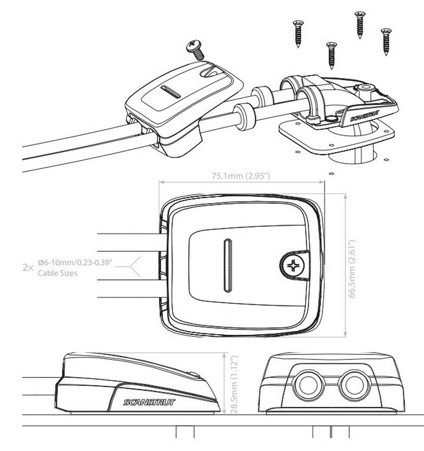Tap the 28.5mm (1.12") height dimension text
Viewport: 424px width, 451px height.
point(234,384)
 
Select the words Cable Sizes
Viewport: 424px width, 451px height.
point(57,273)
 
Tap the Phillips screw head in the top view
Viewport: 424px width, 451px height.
point(293,265)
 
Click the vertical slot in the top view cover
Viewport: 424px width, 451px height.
point(227,266)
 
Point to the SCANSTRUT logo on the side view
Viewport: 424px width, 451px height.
point(149,402)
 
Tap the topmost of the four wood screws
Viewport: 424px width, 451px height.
point(360,24)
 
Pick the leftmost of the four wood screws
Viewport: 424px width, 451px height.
point(298,33)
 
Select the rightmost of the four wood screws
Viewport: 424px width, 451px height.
point(386,41)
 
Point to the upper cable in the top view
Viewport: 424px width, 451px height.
point(128,242)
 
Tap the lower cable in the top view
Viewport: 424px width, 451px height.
point(128,288)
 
